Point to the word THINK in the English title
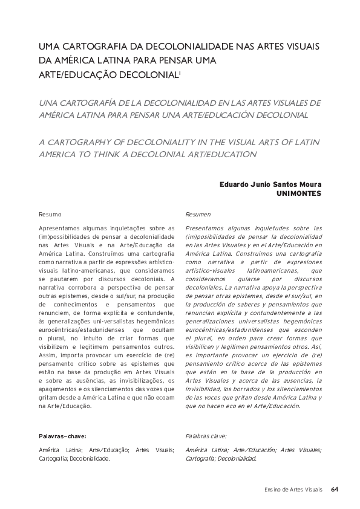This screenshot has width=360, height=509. coord(127,154)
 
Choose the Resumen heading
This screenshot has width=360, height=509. coord(198,215)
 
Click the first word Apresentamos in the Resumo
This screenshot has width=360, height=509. coord(59,229)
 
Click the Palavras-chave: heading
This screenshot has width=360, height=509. coord(62,435)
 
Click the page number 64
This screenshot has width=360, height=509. coord(335,489)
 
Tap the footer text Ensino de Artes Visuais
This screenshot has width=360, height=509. coord(293,489)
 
